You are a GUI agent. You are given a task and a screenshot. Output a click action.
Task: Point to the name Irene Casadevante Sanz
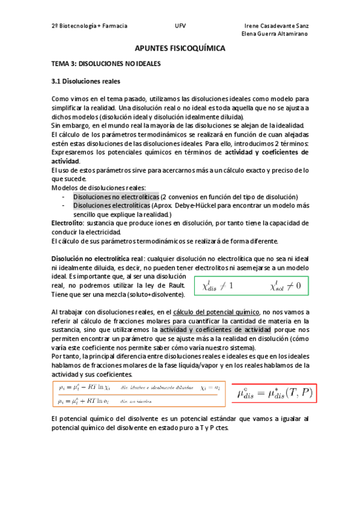pyautogui.click(x=277, y=26)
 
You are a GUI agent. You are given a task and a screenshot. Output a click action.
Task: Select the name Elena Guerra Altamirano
pyautogui.click(x=275, y=34)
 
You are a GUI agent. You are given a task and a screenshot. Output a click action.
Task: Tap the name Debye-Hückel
pyautogui.click(x=206, y=205)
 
